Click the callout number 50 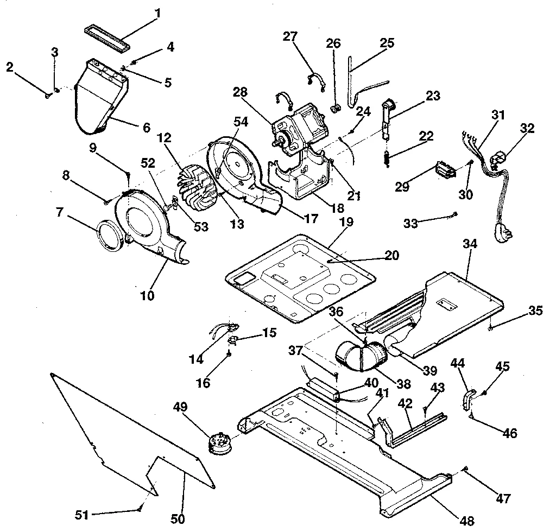point(178,518)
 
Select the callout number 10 point(147,296)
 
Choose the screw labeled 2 point(48,96)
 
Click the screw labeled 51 point(140,509)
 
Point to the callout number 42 point(403,404)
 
